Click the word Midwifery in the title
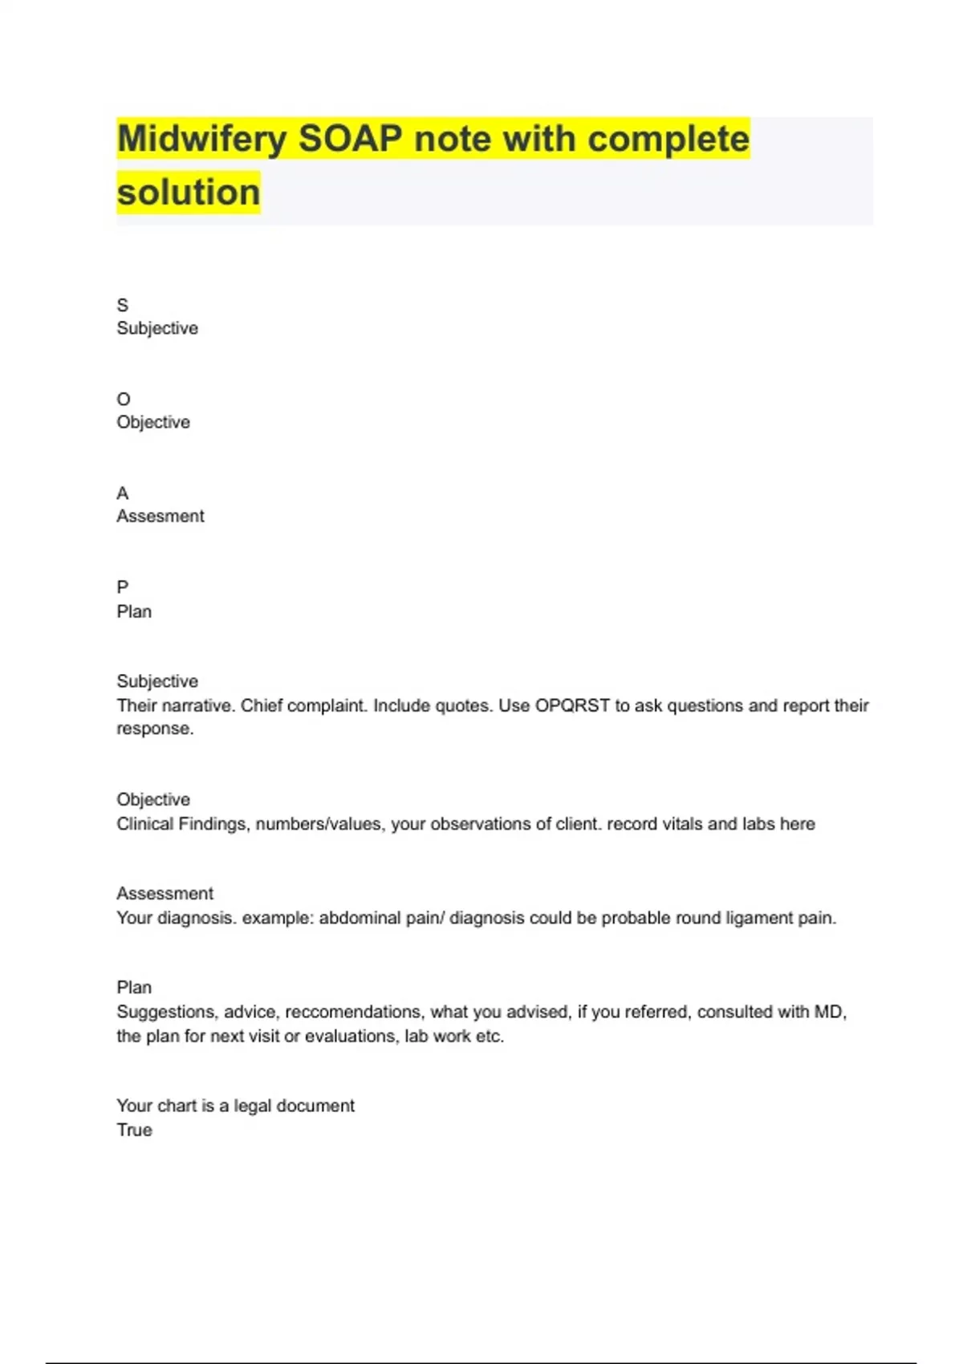201,140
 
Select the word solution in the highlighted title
189,193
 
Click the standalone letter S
123,306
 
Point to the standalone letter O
124,400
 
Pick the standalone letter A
123,493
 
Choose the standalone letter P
123,587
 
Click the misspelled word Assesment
160,517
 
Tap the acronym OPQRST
572,706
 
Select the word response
154,729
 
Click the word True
134,1131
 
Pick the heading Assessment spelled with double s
165,894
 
